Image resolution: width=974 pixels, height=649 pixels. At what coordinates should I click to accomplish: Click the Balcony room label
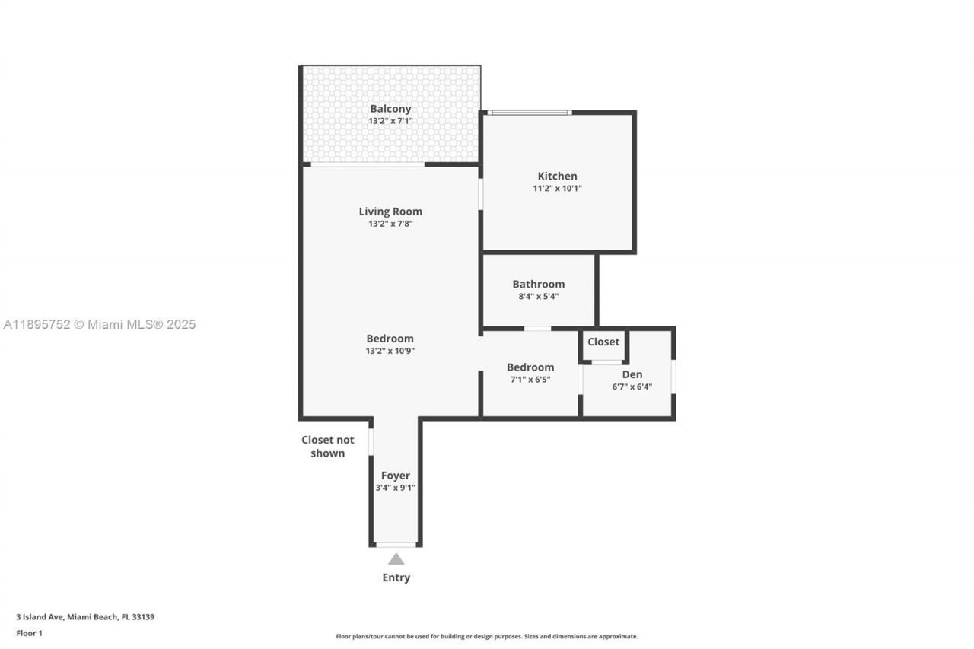(390, 109)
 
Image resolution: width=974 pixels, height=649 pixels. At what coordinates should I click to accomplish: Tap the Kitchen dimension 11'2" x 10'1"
(557, 189)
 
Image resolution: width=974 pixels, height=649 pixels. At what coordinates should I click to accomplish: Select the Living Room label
(390, 212)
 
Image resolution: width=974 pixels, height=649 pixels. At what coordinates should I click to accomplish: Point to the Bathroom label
(538, 284)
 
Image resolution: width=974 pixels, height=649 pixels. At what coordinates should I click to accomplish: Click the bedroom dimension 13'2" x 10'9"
(390, 352)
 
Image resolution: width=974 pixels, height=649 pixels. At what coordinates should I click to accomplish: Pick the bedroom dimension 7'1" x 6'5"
(530, 380)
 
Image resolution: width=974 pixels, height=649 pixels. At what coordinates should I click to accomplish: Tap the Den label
(632, 374)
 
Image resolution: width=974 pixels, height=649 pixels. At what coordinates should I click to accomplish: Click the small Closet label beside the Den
(603, 342)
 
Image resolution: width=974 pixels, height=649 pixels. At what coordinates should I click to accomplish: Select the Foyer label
(396, 476)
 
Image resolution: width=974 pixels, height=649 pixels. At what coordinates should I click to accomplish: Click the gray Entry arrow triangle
(396, 559)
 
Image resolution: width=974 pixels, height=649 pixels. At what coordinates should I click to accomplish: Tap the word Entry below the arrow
(396, 577)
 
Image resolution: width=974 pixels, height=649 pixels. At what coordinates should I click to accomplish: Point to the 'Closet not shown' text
(328, 447)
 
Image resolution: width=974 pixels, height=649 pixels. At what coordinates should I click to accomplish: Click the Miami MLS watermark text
(100, 325)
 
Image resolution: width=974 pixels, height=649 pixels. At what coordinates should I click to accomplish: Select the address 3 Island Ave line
(85, 617)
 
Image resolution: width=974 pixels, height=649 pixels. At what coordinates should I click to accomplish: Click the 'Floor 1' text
(29, 633)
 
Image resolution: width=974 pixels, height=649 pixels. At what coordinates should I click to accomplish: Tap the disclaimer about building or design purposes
(487, 636)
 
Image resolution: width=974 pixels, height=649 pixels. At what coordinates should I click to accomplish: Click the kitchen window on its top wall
(530, 113)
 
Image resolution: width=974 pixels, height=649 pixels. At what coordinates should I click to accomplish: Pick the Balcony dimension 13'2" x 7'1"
(390, 121)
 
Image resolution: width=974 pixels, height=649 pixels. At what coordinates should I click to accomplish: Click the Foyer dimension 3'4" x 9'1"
(396, 488)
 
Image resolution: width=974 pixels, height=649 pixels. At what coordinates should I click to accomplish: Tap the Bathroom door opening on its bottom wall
(537, 329)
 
